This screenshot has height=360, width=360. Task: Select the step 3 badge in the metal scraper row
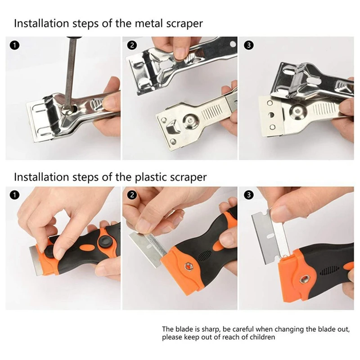[248, 45]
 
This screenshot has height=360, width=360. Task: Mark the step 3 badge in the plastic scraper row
[248, 194]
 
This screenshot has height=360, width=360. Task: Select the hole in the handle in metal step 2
[233, 45]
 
